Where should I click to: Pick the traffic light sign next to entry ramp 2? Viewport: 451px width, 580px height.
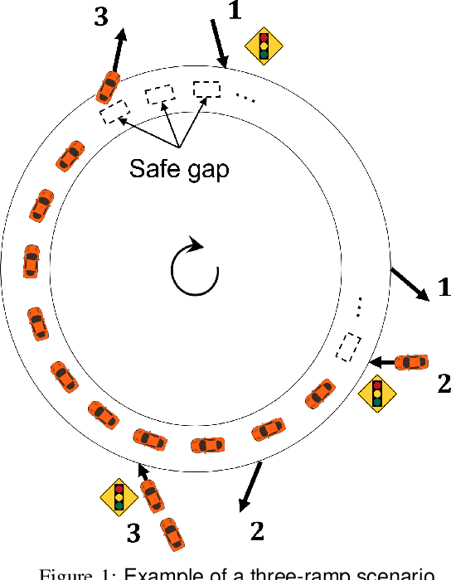coord(376,394)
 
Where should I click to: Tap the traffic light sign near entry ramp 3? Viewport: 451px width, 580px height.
coord(119,497)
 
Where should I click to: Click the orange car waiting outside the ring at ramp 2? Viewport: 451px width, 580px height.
coord(411,362)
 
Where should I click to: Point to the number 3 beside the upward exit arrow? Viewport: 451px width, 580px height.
coord(101,18)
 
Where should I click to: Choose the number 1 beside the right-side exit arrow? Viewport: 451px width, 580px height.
coord(444,288)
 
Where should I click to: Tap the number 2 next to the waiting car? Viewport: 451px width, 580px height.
coord(443,383)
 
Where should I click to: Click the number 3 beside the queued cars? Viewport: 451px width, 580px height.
coord(133,534)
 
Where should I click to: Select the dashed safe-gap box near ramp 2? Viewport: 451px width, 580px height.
coord(348,346)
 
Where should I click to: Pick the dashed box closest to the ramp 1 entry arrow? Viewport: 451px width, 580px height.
coord(207,89)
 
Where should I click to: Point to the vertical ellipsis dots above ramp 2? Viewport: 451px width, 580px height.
coord(358,306)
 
